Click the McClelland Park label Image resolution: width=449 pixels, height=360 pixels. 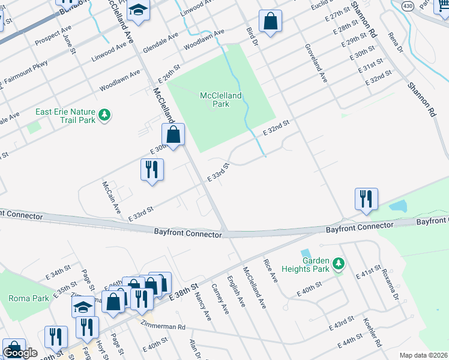click(220, 100)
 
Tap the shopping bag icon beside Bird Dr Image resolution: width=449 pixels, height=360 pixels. click(271, 22)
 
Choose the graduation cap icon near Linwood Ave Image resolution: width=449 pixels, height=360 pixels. click(139, 11)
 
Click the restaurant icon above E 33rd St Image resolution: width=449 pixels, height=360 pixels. click(152, 169)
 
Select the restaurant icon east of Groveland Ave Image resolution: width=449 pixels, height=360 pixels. click(366, 199)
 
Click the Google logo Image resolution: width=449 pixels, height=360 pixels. click(20, 353)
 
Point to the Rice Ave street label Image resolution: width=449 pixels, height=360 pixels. click(270, 271)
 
